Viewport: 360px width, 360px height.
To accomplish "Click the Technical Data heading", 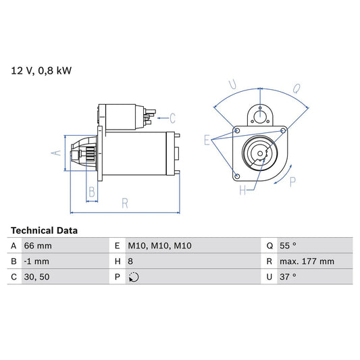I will click(x=44, y=230).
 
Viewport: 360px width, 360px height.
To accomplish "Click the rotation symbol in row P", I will click(x=134, y=277).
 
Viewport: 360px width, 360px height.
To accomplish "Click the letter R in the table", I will click(x=268, y=261).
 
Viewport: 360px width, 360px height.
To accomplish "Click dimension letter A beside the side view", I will click(x=56, y=153).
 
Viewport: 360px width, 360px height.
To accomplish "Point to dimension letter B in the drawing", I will click(x=93, y=192).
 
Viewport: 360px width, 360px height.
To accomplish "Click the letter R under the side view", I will click(x=125, y=201).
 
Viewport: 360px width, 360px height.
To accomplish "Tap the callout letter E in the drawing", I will click(x=207, y=140).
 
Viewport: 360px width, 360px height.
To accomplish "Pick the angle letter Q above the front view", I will click(x=297, y=88).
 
